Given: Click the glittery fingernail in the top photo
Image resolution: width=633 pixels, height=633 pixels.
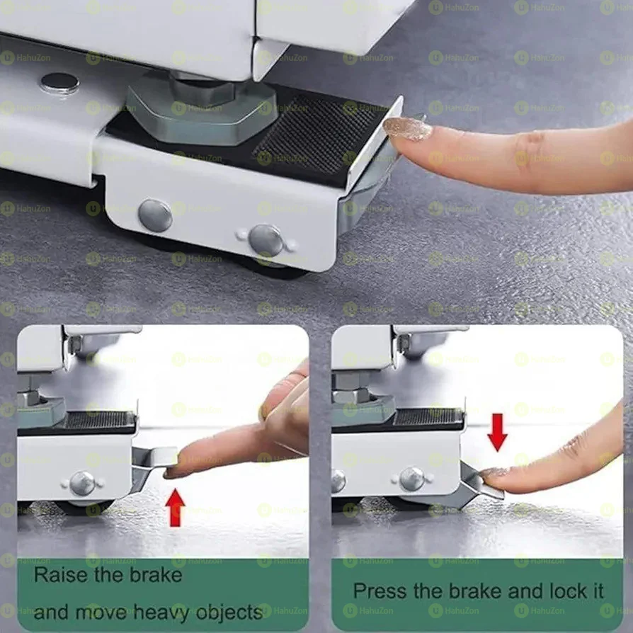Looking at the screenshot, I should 407,129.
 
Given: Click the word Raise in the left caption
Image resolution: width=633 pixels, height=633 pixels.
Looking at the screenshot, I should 60,574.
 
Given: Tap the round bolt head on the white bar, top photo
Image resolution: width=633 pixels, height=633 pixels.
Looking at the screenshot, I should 59,83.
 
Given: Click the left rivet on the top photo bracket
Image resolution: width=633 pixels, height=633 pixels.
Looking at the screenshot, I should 155,215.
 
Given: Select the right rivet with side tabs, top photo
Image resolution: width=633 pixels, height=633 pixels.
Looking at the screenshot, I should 266,240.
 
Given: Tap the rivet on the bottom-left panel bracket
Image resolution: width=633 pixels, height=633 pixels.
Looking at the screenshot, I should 82,483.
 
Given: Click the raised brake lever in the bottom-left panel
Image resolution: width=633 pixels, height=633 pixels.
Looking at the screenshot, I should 152,460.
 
